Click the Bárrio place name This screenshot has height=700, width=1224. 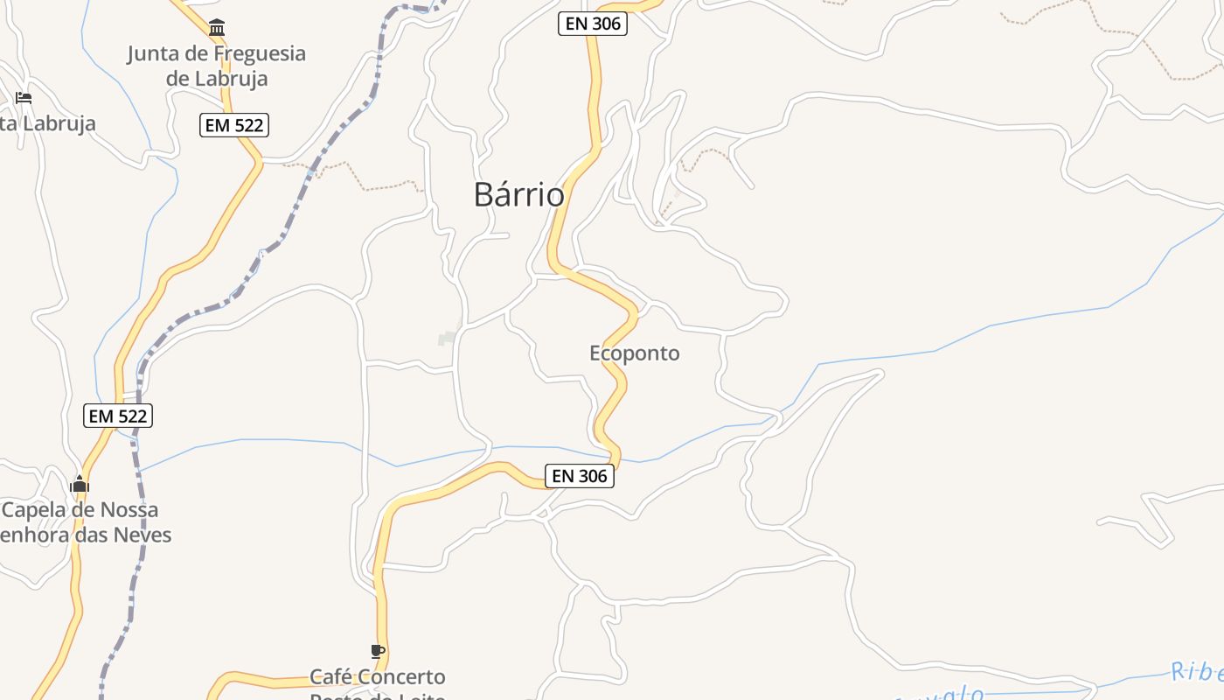pyautogui.click(x=518, y=194)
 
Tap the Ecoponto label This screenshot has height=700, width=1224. pyautogui.click(x=634, y=353)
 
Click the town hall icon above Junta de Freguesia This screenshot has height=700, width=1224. pyautogui.click(x=217, y=27)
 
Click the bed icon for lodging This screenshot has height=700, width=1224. pyautogui.click(x=24, y=97)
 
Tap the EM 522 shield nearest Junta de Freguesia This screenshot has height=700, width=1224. pyautogui.click(x=233, y=125)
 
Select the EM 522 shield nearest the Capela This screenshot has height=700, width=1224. pyautogui.click(x=118, y=416)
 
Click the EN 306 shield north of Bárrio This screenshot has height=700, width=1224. pyautogui.click(x=593, y=24)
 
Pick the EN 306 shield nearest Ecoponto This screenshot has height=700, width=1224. pyautogui.click(x=580, y=476)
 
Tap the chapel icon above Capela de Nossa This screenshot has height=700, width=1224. pyautogui.click(x=80, y=484)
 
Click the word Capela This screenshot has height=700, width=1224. pyautogui.click(x=38, y=509)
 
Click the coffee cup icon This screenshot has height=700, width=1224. pyautogui.click(x=377, y=652)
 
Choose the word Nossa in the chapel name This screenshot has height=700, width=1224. pyautogui.click(x=129, y=509)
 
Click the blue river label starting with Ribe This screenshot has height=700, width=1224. pyautogui.click(x=1197, y=671)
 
